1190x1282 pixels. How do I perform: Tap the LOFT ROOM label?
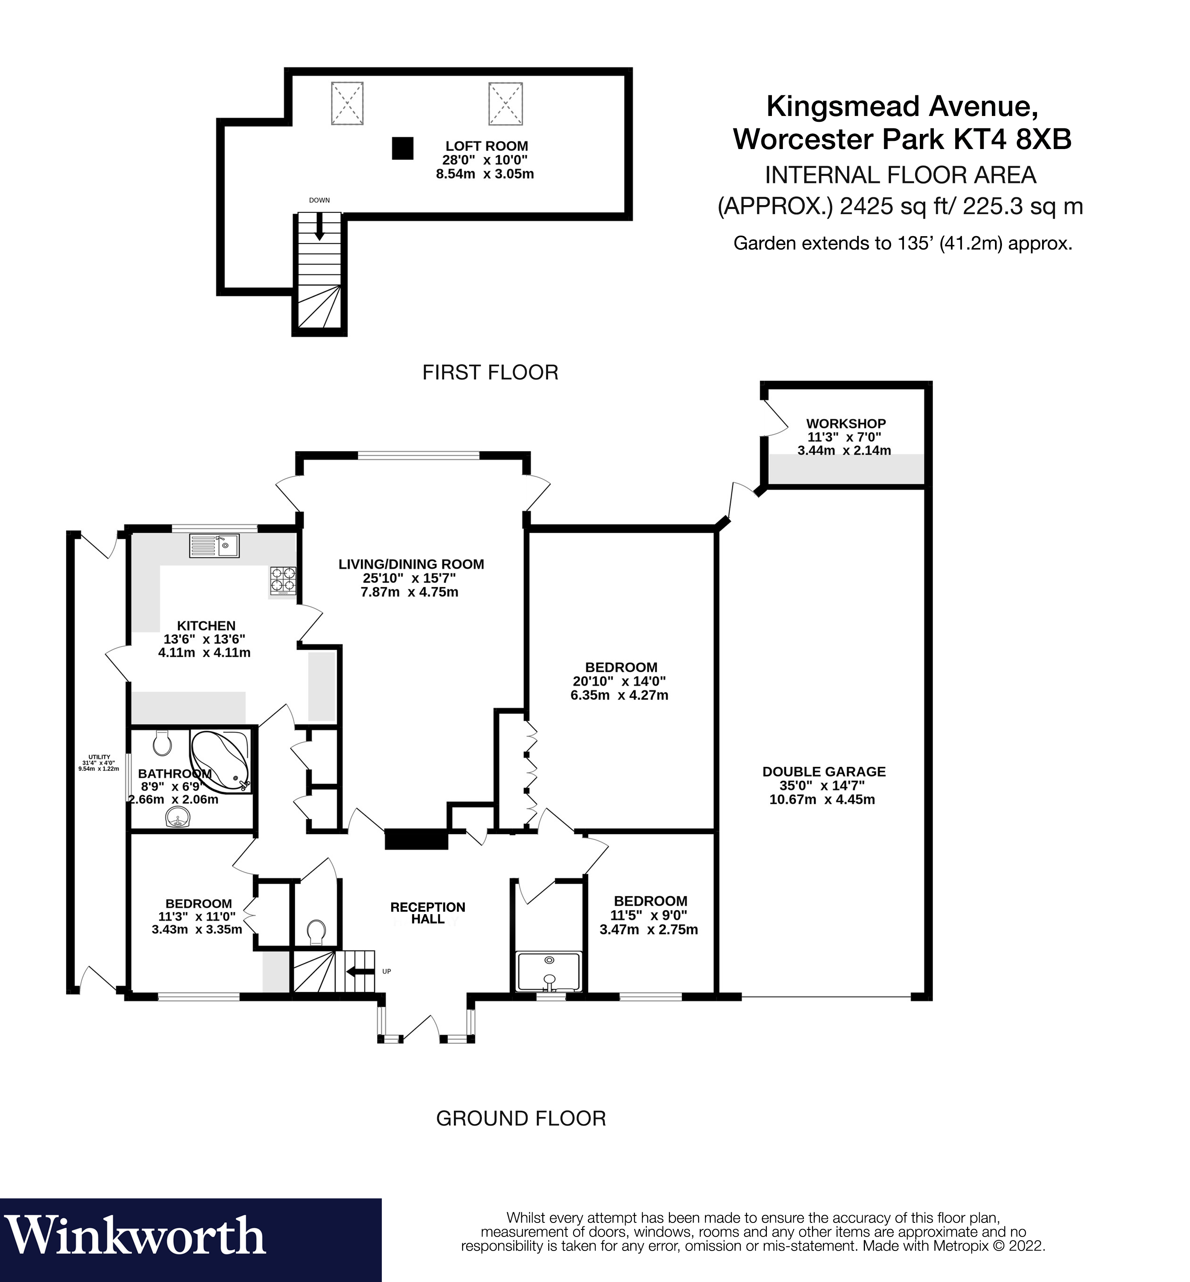point(486,146)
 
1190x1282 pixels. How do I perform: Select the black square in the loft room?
point(403,148)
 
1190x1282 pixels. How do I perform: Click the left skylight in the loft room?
point(347,103)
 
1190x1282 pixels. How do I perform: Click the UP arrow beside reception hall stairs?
point(359,972)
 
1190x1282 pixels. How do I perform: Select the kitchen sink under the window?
point(214,546)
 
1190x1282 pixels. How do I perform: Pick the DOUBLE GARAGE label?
point(824,771)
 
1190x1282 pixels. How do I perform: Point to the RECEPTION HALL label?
point(427,913)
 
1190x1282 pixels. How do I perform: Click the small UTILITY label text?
point(99,757)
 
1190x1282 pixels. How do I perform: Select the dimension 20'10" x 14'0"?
point(619,681)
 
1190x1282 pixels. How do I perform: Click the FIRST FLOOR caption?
point(490,372)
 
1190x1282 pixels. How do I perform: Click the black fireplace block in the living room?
point(416,839)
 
